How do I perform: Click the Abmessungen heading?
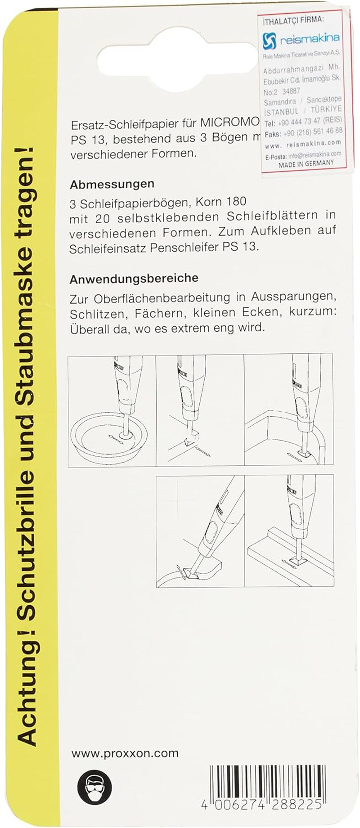[112, 184]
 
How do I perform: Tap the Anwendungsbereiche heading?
[134, 279]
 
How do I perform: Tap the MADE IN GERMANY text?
[306, 164]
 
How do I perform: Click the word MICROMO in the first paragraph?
[230, 123]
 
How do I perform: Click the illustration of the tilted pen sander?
[200, 531]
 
